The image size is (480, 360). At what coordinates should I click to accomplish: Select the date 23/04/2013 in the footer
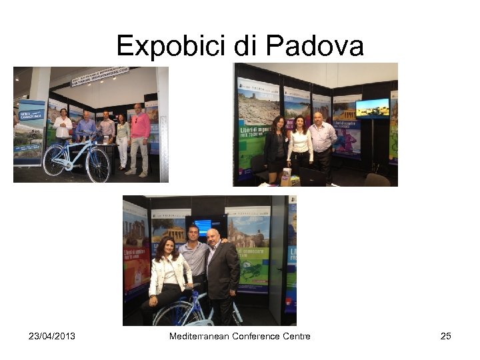tap(52, 336)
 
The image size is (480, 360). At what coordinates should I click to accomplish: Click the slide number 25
tap(445, 336)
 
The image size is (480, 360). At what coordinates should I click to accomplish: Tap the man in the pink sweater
tap(139, 137)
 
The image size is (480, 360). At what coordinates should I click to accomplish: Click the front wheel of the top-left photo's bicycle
tap(98, 164)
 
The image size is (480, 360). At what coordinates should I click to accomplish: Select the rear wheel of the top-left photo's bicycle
tap(55, 160)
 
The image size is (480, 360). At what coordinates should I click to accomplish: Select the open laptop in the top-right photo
tap(312, 176)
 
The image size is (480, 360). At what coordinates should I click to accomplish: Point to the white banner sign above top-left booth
tap(100, 76)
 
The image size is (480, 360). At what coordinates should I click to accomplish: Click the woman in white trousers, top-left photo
tap(123, 140)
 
